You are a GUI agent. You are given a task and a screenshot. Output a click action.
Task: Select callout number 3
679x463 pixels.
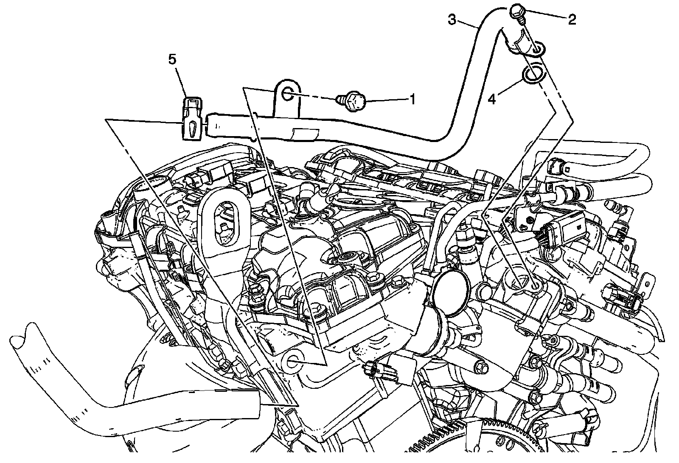click(x=452, y=20)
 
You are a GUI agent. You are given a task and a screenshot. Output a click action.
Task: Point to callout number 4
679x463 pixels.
click(x=492, y=100)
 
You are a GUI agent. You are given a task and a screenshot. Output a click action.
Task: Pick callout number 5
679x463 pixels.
click(x=172, y=59)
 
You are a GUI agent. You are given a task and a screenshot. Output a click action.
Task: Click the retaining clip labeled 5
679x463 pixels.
click(x=191, y=120)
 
